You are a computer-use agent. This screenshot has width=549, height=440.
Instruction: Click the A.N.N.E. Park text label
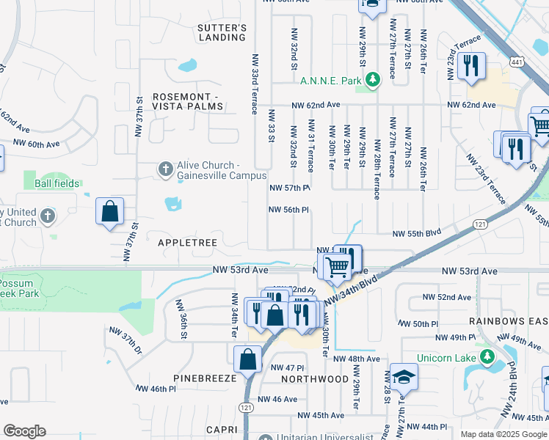pos(331,79)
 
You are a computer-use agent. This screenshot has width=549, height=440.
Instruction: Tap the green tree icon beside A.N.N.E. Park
pos(374,78)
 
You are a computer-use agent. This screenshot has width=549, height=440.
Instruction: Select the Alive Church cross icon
pos(165,170)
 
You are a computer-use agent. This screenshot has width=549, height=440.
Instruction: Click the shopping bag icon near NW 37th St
pos(109,212)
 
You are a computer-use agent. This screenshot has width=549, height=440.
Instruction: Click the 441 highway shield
pos(518,63)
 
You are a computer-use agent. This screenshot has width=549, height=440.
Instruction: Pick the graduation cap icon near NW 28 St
pos(403,377)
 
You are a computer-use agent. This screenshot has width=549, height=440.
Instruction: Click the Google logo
pos(24,431)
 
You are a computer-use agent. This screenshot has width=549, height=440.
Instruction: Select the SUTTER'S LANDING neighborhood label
pos(222,32)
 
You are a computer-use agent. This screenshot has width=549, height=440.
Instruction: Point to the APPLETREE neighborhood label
pos(180,241)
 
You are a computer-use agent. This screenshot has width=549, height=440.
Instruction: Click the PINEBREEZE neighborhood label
pos(205,378)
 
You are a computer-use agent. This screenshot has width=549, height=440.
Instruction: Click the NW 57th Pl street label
pos(290,188)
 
